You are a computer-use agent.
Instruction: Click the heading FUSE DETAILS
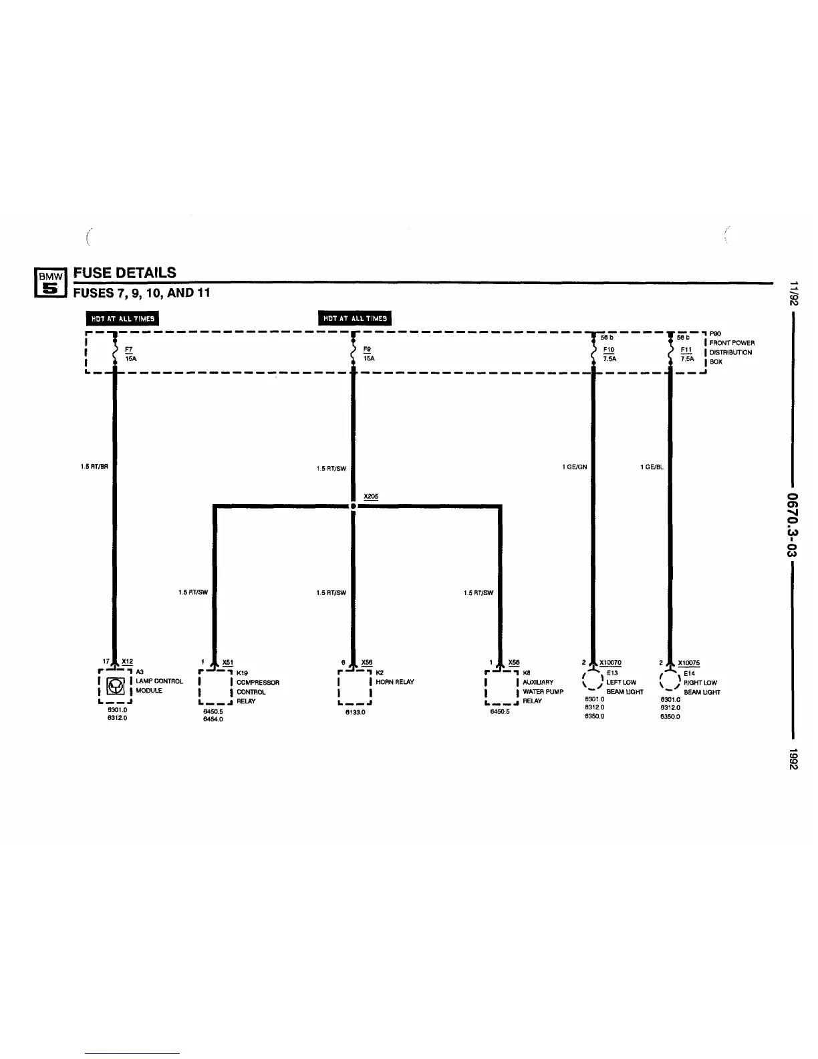pyautogui.click(x=125, y=273)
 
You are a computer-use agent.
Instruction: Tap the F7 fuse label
pyautogui.click(x=128, y=350)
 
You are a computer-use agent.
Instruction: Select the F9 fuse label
pyautogui.click(x=367, y=350)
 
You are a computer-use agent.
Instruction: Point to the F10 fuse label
pyautogui.click(x=608, y=350)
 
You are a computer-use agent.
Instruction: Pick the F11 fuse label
pyautogui.click(x=686, y=350)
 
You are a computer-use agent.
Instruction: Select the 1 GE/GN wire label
pyautogui.click(x=575, y=467)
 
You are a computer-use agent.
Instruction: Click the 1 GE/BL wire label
pyautogui.click(x=652, y=467)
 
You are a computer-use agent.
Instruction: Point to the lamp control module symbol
pyautogui.click(x=115, y=686)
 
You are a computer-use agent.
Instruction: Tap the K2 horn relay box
pyautogui.click(x=355, y=686)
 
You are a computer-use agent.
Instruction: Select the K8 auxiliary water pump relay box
pyautogui.click(x=501, y=686)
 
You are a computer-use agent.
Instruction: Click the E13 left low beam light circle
pyautogui.click(x=591, y=680)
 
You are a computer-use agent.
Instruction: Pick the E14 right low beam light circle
pyautogui.click(x=669, y=680)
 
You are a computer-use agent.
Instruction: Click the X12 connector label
pyautogui.click(x=127, y=662)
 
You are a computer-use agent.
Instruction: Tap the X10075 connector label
pyautogui.click(x=688, y=663)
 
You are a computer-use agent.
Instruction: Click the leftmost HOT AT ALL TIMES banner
pyautogui.click(x=122, y=319)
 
